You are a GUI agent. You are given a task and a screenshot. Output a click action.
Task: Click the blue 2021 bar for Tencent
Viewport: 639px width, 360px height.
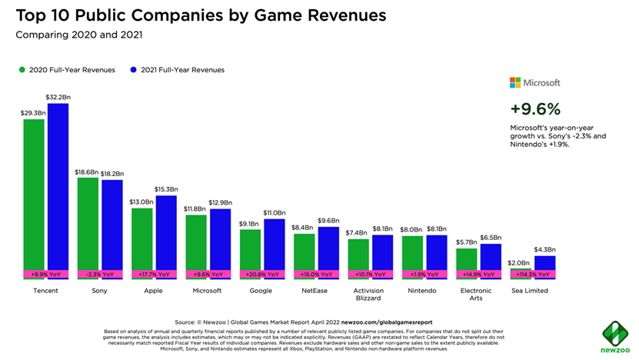(58, 185)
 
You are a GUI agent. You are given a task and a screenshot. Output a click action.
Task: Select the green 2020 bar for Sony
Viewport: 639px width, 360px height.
(88, 223)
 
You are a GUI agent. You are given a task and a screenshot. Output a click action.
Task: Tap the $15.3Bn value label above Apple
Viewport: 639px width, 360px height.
(166, 189)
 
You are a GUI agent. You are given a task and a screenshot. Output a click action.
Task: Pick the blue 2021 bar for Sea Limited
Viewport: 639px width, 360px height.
(544, 262)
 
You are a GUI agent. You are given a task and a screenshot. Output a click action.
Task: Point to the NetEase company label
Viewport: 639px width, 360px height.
(315, 291)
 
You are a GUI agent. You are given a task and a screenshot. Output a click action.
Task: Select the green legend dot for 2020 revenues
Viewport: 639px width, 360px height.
(22, 70)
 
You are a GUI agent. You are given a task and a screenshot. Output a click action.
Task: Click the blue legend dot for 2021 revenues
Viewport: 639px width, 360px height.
(132, 70)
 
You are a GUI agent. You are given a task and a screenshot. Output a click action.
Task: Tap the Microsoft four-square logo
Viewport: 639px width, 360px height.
(515, 82)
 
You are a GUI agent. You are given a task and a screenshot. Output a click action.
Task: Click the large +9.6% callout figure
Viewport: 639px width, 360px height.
(535, 108)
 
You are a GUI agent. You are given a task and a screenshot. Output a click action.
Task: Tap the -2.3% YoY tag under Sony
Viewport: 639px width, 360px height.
(99, 274)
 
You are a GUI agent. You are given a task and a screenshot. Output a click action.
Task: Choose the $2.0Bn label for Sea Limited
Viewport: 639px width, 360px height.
(519, 263)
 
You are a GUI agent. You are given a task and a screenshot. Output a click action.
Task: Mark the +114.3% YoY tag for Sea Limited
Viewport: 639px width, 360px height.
(531, 274)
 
